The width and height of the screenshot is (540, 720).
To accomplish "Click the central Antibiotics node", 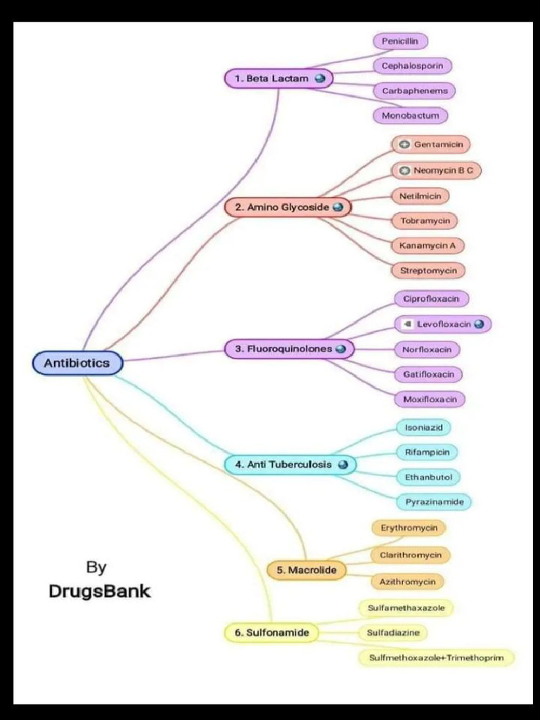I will click(77, 363).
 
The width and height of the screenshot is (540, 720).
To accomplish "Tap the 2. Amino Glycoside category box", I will click(288, 207).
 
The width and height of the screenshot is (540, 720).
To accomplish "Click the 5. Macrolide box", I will click(307, 570).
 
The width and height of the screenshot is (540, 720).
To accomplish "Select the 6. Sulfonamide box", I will click(271, 633).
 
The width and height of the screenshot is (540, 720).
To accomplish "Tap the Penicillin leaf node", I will click(399, 41).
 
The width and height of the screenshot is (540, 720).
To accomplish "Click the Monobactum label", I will click(410, 115).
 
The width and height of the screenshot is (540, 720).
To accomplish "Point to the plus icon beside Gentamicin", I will click(404, 145).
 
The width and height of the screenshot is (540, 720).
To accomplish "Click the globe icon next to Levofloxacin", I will click(479, 324).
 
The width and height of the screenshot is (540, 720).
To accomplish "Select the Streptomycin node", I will click(428, 271).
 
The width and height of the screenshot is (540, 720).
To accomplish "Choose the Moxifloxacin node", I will click(430, 399).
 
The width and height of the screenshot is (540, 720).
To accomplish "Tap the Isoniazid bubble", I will click(423, 427).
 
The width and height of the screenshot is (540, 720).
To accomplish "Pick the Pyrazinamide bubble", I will click(434, 502).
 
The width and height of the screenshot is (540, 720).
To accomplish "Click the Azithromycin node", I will click(407, 581).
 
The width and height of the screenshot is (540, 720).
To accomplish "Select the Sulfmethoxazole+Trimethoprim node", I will click(437, 658).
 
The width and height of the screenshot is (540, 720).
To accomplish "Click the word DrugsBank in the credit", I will click(99, 591).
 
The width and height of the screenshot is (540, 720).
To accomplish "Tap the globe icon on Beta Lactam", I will click(320, 79).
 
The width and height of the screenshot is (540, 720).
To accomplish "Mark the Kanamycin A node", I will click(427, 245).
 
